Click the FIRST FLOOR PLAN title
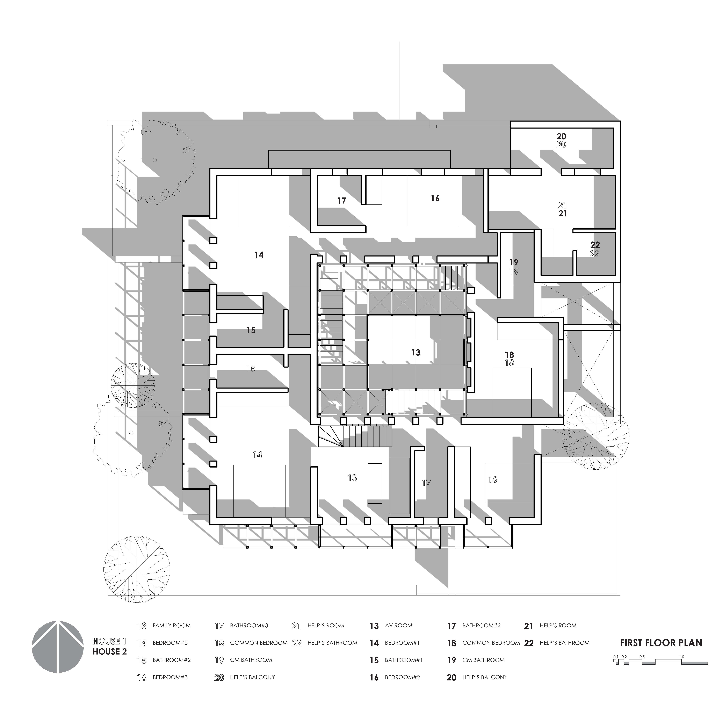pos(661,643)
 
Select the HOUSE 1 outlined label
pos(107,641)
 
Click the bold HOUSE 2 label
pos(110,652)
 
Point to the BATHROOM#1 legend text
pos(403,660)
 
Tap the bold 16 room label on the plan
pos(435,198)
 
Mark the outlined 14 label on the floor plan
pos(258,455)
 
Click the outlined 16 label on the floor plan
pos(492,479)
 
